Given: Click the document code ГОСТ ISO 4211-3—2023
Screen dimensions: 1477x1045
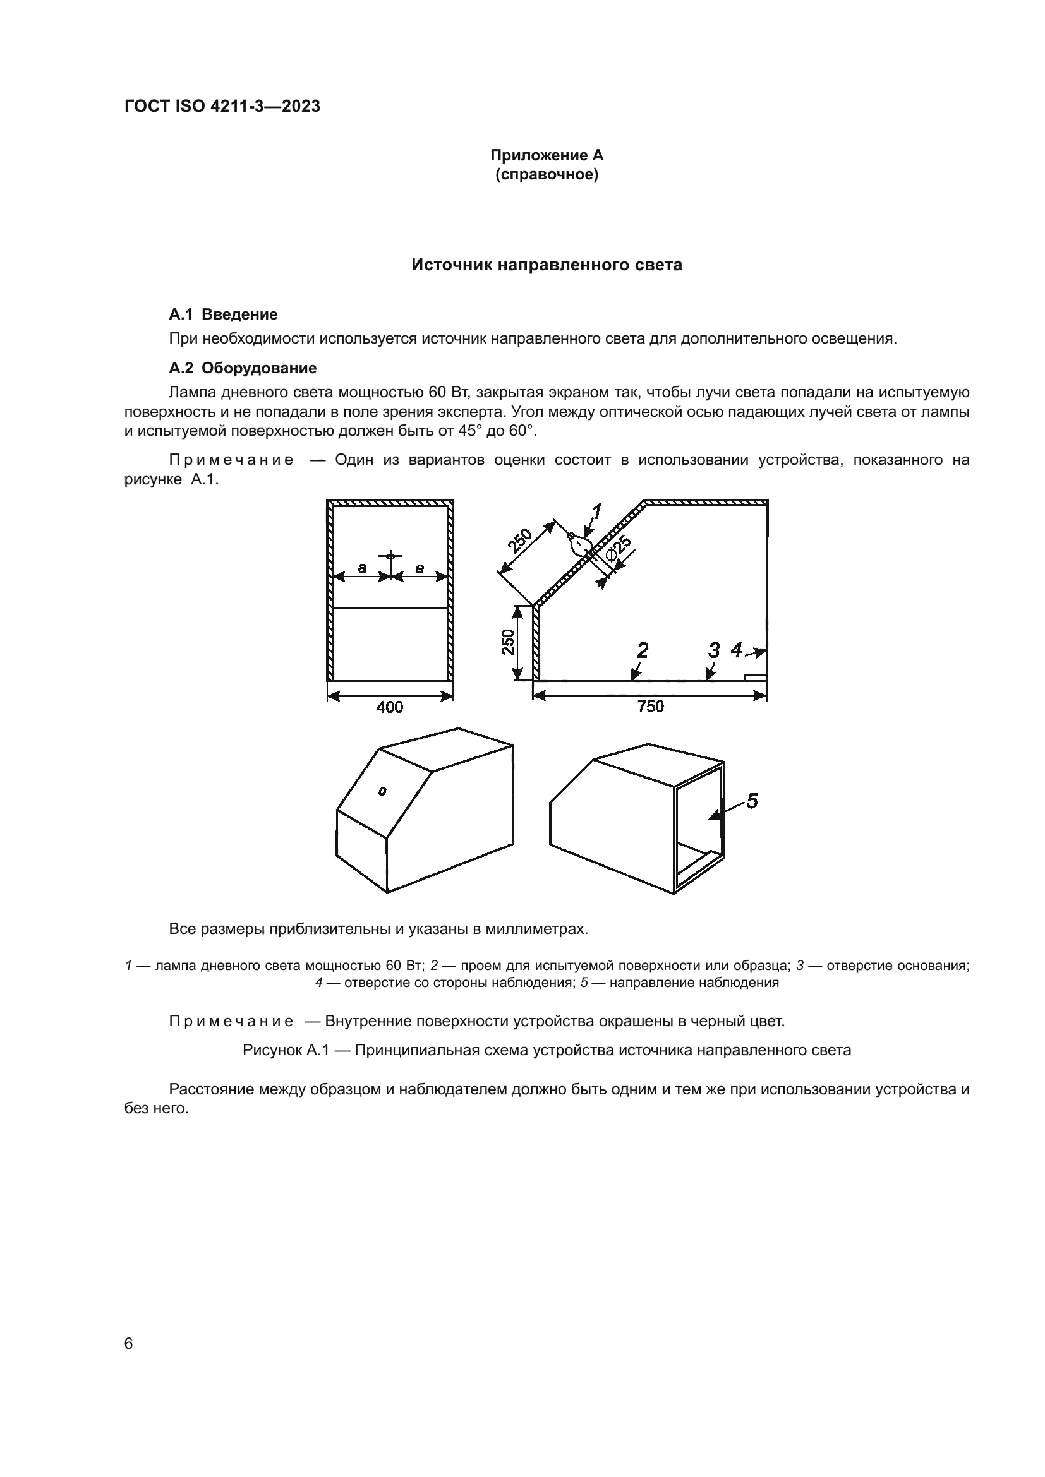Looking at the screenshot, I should coord(222,107).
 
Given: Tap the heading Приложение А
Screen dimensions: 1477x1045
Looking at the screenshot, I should coord(547,155).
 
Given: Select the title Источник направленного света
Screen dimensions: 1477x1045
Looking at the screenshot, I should coord(547,265).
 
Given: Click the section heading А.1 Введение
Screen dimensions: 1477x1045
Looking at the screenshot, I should coord(222,314).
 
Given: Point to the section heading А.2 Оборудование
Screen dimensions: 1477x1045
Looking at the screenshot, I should coord(242,368).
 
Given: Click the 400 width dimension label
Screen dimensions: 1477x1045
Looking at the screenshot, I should coord(389,707).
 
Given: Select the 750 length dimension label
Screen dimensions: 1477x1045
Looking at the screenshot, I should coord(650,707).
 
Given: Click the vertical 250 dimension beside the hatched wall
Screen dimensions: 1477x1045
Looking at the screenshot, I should coord(509,642).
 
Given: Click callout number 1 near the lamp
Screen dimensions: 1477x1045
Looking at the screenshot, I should coord(596,512).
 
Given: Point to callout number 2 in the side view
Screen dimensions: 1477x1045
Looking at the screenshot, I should coord(641,651).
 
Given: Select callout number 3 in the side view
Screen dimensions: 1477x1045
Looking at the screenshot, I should coord(713,650).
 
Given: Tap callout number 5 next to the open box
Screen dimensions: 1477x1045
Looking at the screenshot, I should coord(751,801).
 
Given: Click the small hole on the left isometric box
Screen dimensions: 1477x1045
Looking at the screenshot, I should coord(382,791).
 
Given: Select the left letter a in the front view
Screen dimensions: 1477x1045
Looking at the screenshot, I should coord(362,568).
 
